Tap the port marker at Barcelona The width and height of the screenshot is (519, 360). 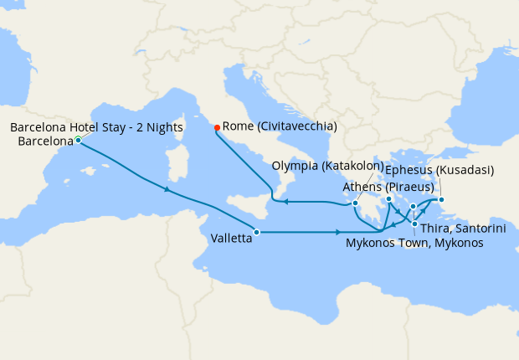click(78, 140)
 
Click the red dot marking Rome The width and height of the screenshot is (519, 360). click(217, 127)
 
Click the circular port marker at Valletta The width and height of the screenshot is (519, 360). click(257, 232)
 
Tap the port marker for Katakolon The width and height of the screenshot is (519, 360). click(356, 203)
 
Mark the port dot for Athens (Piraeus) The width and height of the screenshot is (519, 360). click(389, 199)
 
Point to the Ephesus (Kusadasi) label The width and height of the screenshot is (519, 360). click(440, 170)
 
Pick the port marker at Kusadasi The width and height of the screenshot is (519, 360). click(442, 199)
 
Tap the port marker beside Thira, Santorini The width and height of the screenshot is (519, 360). click(414, 224)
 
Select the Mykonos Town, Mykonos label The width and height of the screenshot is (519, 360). click(414, 243)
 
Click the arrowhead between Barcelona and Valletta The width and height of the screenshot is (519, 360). click(170, 190)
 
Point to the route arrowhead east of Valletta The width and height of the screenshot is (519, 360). click(337, 232)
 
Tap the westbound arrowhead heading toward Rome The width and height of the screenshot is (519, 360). click(285, 202)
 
